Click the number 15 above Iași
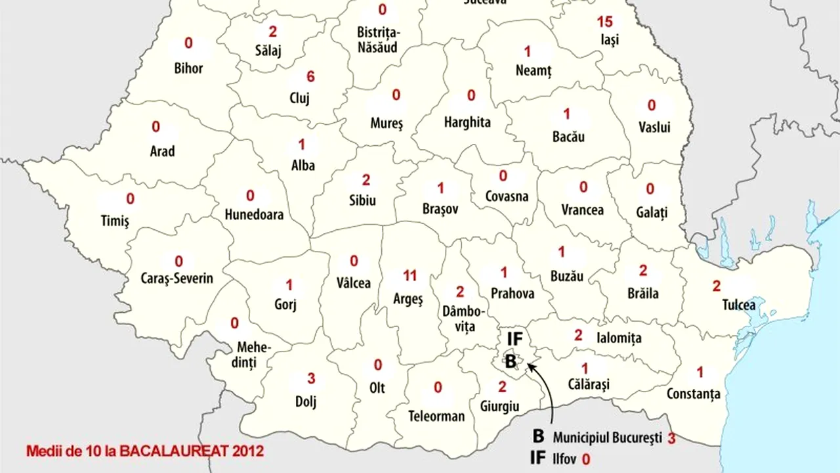click(x=604, y=22)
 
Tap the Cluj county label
click(x=299, y=99)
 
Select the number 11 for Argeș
click(x=410, y=276)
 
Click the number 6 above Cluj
click(x=310, y=77)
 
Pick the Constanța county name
click(x=693, y=394)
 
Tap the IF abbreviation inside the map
click(x=515, y=339)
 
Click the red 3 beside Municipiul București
click(x=671, y=438)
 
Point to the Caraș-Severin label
click(x=177, y=279)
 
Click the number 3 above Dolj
click(x=311, y=378)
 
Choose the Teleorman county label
click(x=436, y=416)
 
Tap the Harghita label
click(x=467, y=122)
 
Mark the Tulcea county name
click(x=738, y=305)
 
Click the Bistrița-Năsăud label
click(x=379, y=39)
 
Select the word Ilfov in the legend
click(x=563, y=459)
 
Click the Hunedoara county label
click(x=254, y=215)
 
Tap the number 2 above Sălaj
click(x=273, y=31)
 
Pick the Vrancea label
click(x=582, y=210)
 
